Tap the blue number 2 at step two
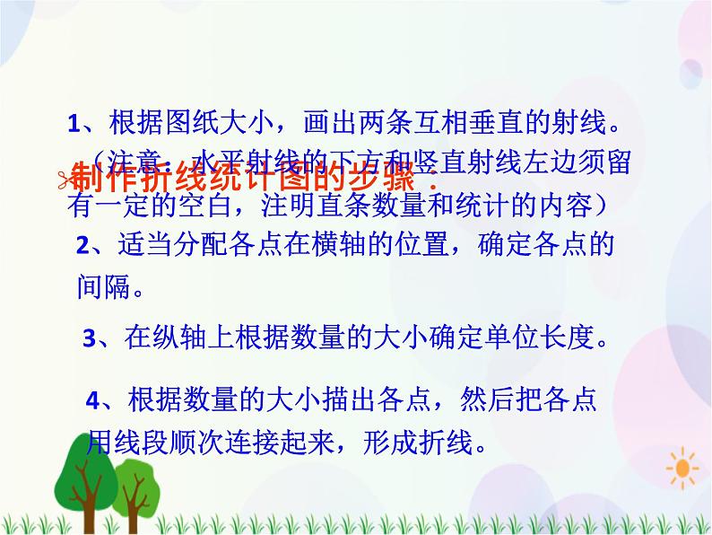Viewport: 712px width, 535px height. coord(82,246)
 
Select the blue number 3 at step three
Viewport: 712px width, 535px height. coord(89,339)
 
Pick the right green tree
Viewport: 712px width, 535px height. coord(135,489)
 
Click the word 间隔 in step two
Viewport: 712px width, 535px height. coord(99,288)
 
